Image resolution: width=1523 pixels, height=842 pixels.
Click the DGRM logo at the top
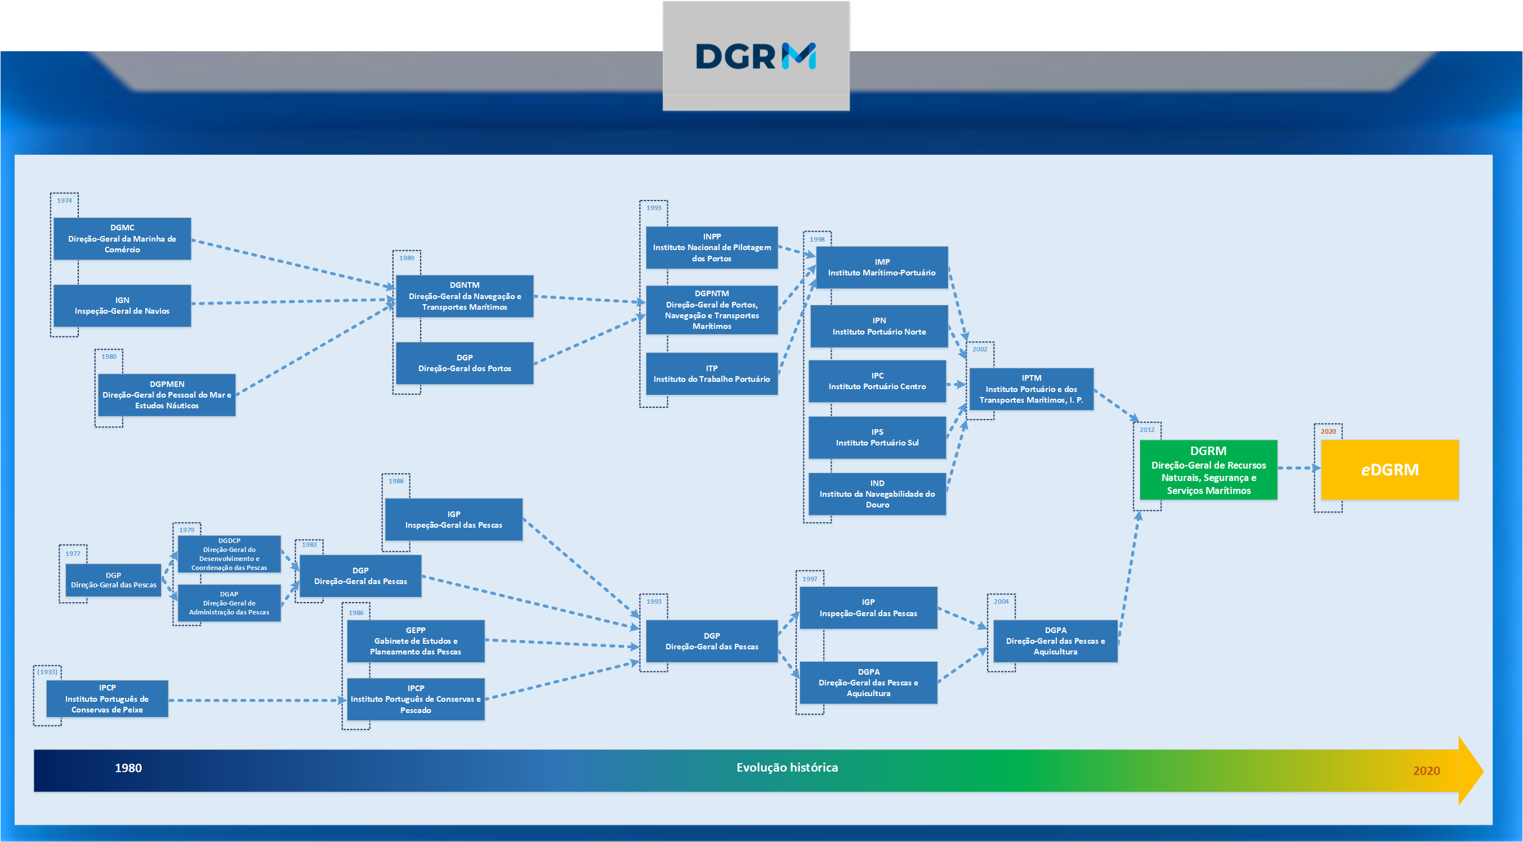tap(756, 56)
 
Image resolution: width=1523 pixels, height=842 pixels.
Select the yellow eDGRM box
tap(1390, 470)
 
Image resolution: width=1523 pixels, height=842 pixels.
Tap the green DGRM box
tap(1208, 470)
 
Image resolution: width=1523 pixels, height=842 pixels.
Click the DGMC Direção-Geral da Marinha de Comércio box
tap(122, 238)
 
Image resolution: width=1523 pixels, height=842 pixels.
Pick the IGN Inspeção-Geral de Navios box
tap(122, 305)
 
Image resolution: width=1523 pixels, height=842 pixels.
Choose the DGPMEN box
tap(167, 394)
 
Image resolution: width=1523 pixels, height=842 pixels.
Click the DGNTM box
tap(464, 296)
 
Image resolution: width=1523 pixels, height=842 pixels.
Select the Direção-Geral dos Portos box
tap(464, 363)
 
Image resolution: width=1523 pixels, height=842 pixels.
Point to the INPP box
tap(711, 247)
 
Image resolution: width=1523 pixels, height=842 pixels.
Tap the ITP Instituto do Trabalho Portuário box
tap(711, 374)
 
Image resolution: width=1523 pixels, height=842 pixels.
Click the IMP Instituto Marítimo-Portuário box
tap(882, 268)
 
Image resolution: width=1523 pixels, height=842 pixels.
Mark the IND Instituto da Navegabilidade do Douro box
tap(877, 494)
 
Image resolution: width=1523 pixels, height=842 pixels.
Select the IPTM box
tap(1031, 389)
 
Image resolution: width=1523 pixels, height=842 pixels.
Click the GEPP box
tap(416, 641)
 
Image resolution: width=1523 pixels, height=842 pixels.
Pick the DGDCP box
tap(229, 554)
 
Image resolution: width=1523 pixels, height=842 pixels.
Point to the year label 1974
tap(64, 201)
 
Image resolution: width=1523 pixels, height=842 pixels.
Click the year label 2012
tap(1146, 430)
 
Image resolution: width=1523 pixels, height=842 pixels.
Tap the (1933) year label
tap(47, 672)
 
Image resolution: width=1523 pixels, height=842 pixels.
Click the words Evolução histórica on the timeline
tap(787, 768)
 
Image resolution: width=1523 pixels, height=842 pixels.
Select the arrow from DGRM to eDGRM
tap(1298, 467)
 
